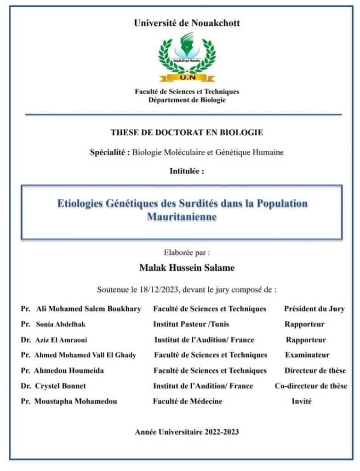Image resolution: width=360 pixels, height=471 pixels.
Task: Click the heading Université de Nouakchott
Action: click(187, 23)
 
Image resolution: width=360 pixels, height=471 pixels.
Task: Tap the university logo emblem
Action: click(187, 54)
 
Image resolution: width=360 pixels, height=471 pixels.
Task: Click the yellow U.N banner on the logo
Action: click(187, 78)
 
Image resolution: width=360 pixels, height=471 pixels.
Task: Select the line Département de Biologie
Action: click(187, 100)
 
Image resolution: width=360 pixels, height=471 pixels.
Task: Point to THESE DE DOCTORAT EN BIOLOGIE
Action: click(187, 132)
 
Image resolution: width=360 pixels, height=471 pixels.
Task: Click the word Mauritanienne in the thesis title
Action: click(182, 216)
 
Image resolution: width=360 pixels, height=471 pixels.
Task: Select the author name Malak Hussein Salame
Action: click(187, 267)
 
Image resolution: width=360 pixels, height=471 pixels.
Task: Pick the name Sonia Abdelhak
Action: click(61, 324)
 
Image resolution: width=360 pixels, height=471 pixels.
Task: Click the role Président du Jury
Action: click(314, 309)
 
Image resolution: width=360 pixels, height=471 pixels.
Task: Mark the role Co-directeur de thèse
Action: click(311, 386)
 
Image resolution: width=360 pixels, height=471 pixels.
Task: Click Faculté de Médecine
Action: click(188, 401)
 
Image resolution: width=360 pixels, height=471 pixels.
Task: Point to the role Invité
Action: click(302, 401)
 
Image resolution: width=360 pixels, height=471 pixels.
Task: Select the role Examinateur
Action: click(307, 355)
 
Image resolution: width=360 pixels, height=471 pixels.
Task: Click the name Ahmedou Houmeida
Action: click(69, 371)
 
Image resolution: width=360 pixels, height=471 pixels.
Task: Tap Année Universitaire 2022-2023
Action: click(187, 432)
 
